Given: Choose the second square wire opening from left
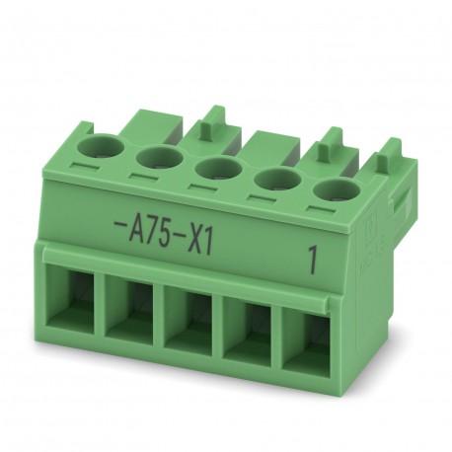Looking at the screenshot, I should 132,305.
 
